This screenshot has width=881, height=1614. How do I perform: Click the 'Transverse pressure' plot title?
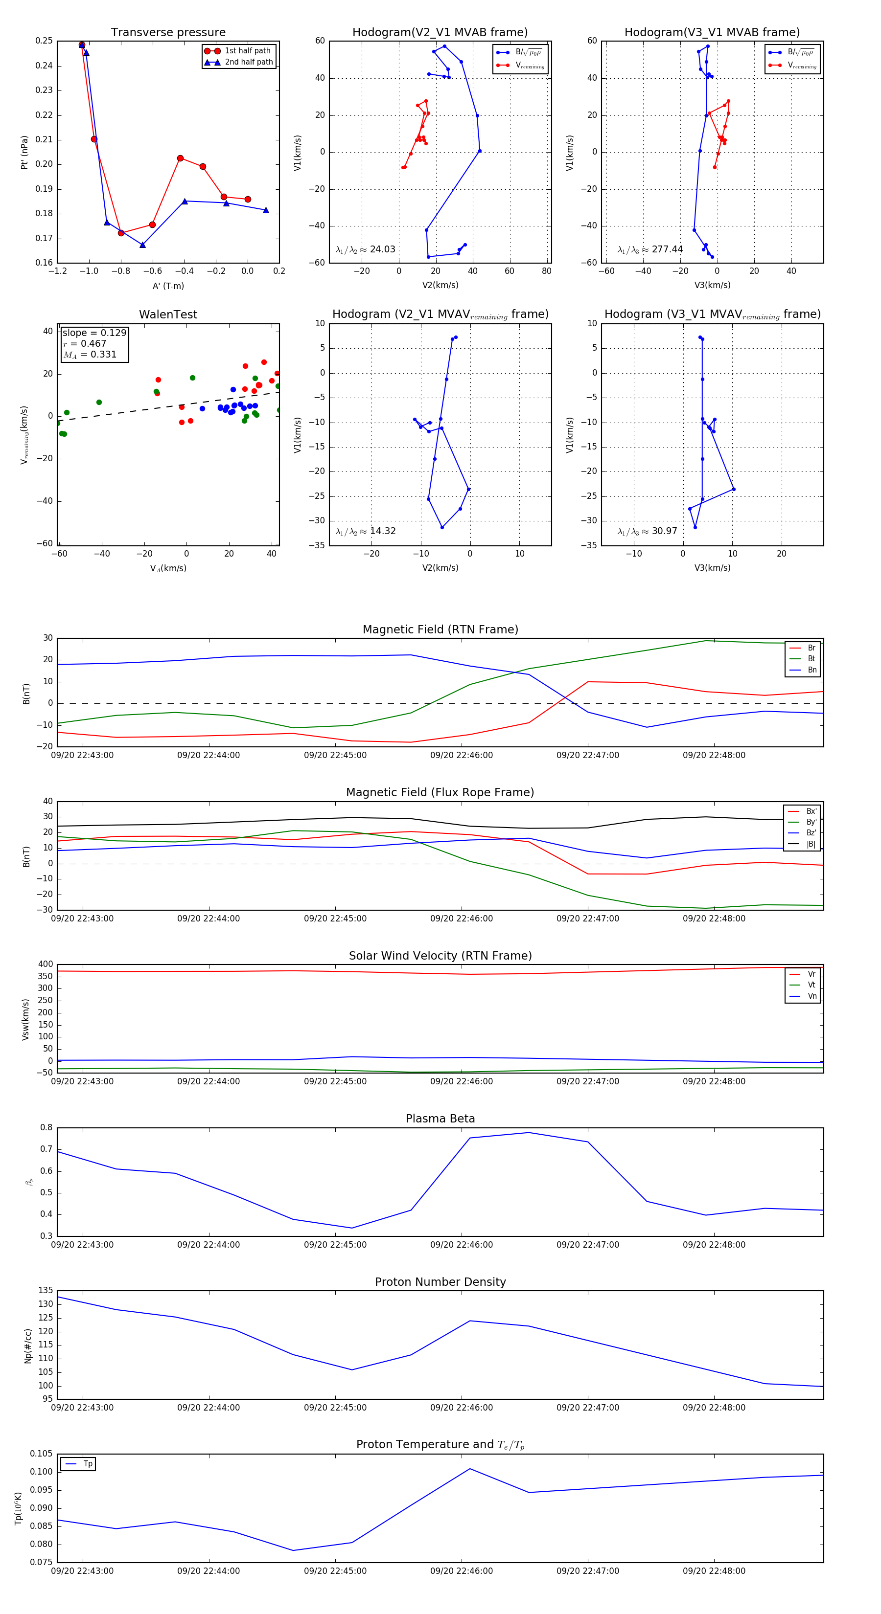pyautogui.click(x=168, y=33)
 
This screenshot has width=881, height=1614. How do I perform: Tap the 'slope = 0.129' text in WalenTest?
pyautogui.click(x=94, y=333)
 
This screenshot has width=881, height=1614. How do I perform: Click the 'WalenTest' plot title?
pyautogui.click(x=168, y=314)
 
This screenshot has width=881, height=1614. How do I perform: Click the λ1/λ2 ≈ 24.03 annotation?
pyautogui.click(x=366, y=249)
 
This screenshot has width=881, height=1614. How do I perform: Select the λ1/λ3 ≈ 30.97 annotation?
pyautogui.click(x=647, y=531)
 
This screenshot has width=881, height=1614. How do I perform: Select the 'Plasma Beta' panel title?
pyautogui.click(x=440, y=1119)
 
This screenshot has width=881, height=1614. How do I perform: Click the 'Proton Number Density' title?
pyautogui.click(x=440, y=1282)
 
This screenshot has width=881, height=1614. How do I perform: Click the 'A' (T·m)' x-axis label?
pyautogui.click(x=168, y=286)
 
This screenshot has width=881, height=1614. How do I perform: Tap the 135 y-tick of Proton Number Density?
pyautogui.click(x=46, y=1291)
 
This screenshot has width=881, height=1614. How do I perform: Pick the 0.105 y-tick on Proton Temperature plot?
pyautogui.click(x=42, y=1454)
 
